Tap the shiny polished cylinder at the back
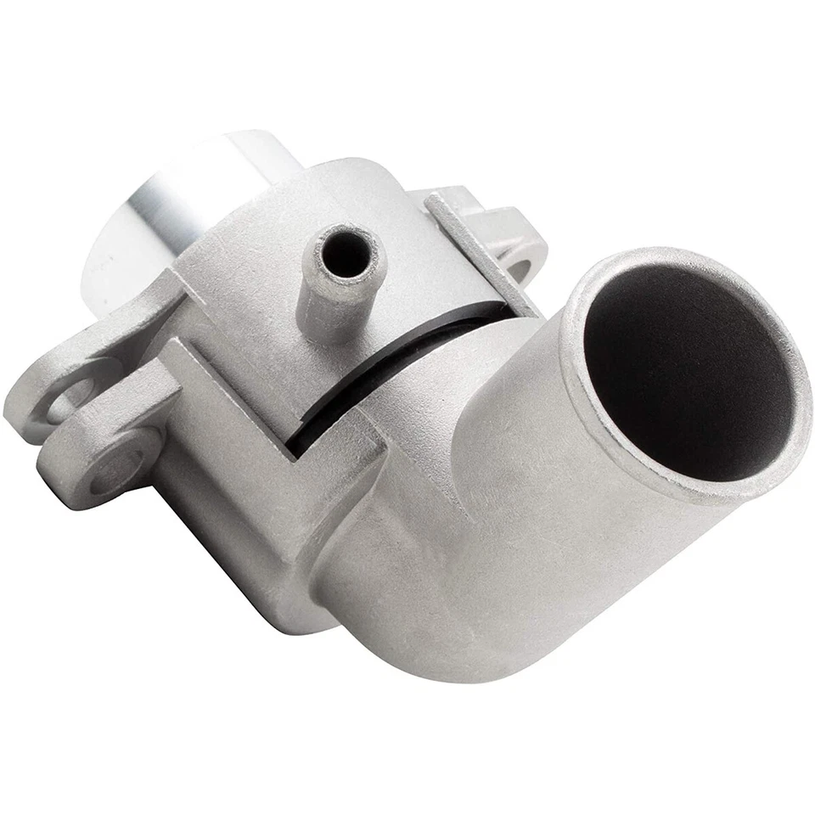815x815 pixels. tap(161, 212)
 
